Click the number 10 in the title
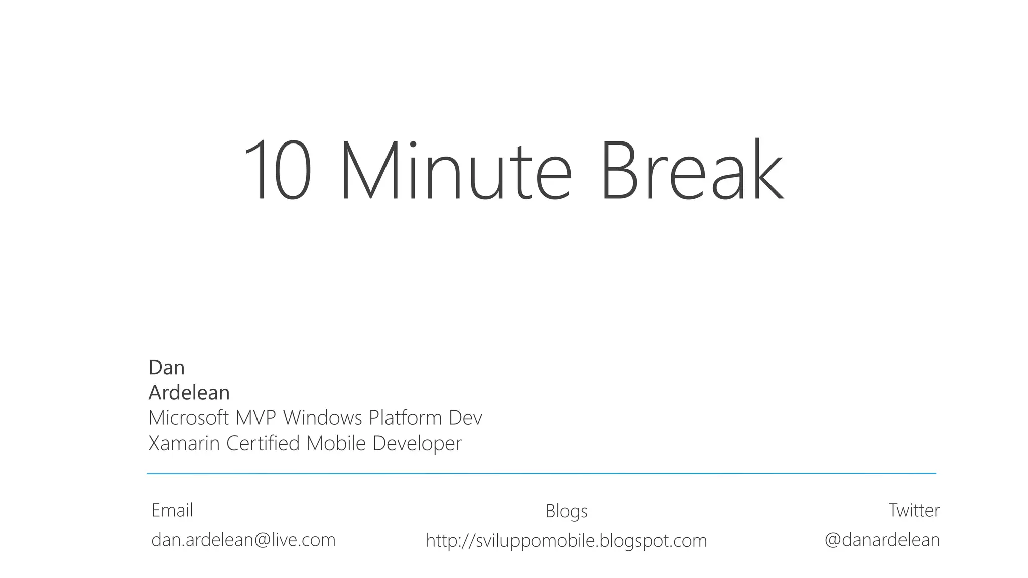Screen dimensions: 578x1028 tap(278, 171)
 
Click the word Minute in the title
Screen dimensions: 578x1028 tap(456, 171)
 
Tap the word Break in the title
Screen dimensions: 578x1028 tap(692, 171)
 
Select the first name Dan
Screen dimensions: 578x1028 tap(167, 368)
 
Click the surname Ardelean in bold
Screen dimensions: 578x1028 tap(189, 393)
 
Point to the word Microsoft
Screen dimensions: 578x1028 tap(189, 418)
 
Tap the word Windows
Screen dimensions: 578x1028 tap(323, 418)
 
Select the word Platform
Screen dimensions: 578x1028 tap(405, 418)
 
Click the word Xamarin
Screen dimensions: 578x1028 tap(184, 443)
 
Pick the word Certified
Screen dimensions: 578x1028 tap(263, 443)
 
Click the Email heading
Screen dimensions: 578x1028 tap(172, 510)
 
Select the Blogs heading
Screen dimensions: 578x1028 tap(566, 511)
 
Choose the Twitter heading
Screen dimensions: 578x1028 tap(914, 510)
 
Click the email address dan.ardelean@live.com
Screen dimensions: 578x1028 tap(243, 540)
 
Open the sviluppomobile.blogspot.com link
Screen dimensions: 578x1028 tap(566, 541)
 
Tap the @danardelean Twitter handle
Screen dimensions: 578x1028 tap(882, 540)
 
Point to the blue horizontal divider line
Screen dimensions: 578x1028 tap(541, 473)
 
